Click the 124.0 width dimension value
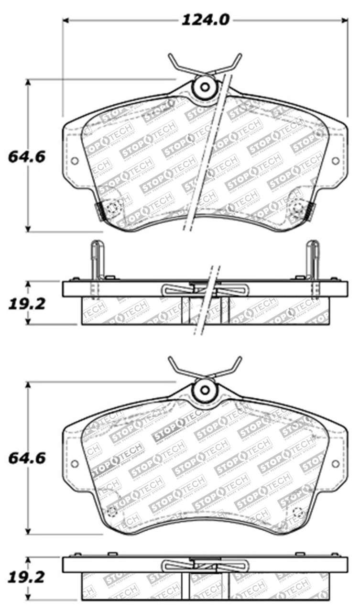click(x=205, y=20)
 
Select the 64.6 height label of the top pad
click(x=27, y=156)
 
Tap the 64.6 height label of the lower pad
click(x=27, y=458)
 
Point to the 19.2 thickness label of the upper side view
click(x=27, y=304)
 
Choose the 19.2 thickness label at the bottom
click(x=27, y=577)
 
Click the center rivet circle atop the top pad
click(x=205, y=87)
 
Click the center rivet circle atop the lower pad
click(x=205, y=390)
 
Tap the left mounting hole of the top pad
click(x=75, y=161)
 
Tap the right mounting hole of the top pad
click(x=335, y=161)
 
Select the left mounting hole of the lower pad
click(x=75, y=463)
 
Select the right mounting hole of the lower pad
click(x=335, y=463)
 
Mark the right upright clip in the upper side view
click(x=313, y=261)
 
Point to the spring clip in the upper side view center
click(x=205, y=290)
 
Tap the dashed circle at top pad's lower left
click(x=113, y=208)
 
